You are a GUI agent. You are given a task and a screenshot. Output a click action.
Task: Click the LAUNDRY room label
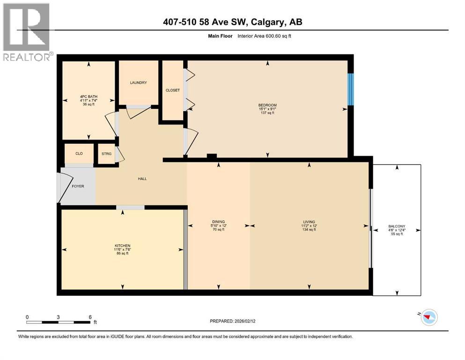(138, 82)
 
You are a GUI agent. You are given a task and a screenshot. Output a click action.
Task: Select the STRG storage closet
(106, 153)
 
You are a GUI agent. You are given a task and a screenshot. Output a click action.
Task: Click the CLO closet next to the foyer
(79, 153)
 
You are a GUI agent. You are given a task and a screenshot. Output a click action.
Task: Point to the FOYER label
(78, 186)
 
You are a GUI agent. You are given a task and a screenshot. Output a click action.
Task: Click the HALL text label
(142, 179)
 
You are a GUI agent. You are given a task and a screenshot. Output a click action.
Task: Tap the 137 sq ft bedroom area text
(267, 113)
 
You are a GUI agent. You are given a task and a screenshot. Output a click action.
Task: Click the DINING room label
(218, 221)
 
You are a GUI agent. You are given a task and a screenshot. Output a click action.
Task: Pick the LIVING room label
(309, 221)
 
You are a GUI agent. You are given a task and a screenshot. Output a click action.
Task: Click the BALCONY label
(396, 225)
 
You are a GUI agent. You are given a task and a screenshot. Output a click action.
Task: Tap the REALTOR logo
(26, 32)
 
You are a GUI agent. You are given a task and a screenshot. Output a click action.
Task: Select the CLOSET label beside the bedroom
(172, 90)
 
